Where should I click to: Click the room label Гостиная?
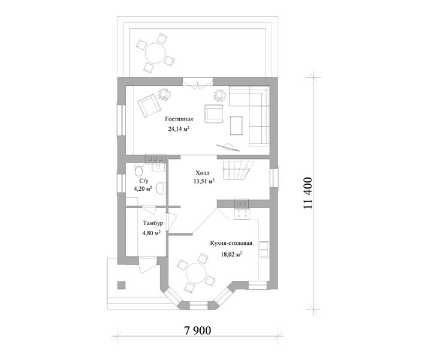[x=179, y=119]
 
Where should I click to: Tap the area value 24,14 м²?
[x=179, y=129]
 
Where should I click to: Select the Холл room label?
[x=202, y=173]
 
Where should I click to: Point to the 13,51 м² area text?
[x=204, y=181]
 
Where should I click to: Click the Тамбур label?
[x=153, y=223]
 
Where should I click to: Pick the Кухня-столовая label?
[x=231, y=243]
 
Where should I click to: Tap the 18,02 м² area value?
[x=231, y=254]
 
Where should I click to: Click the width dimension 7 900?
[x=198, y=331]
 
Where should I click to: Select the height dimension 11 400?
[x=308, y=193]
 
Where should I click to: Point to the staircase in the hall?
[x=239, y=170]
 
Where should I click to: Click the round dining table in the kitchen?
[x=196, y=273]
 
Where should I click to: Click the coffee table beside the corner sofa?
[x=236, y=125]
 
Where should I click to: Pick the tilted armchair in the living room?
[x=149, y=105]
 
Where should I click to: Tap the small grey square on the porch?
[x=122, y=285]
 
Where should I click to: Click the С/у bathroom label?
[x=144, y=181]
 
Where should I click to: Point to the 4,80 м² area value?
[x=151, y=233]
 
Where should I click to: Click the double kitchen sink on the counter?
[x=264, y=250]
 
